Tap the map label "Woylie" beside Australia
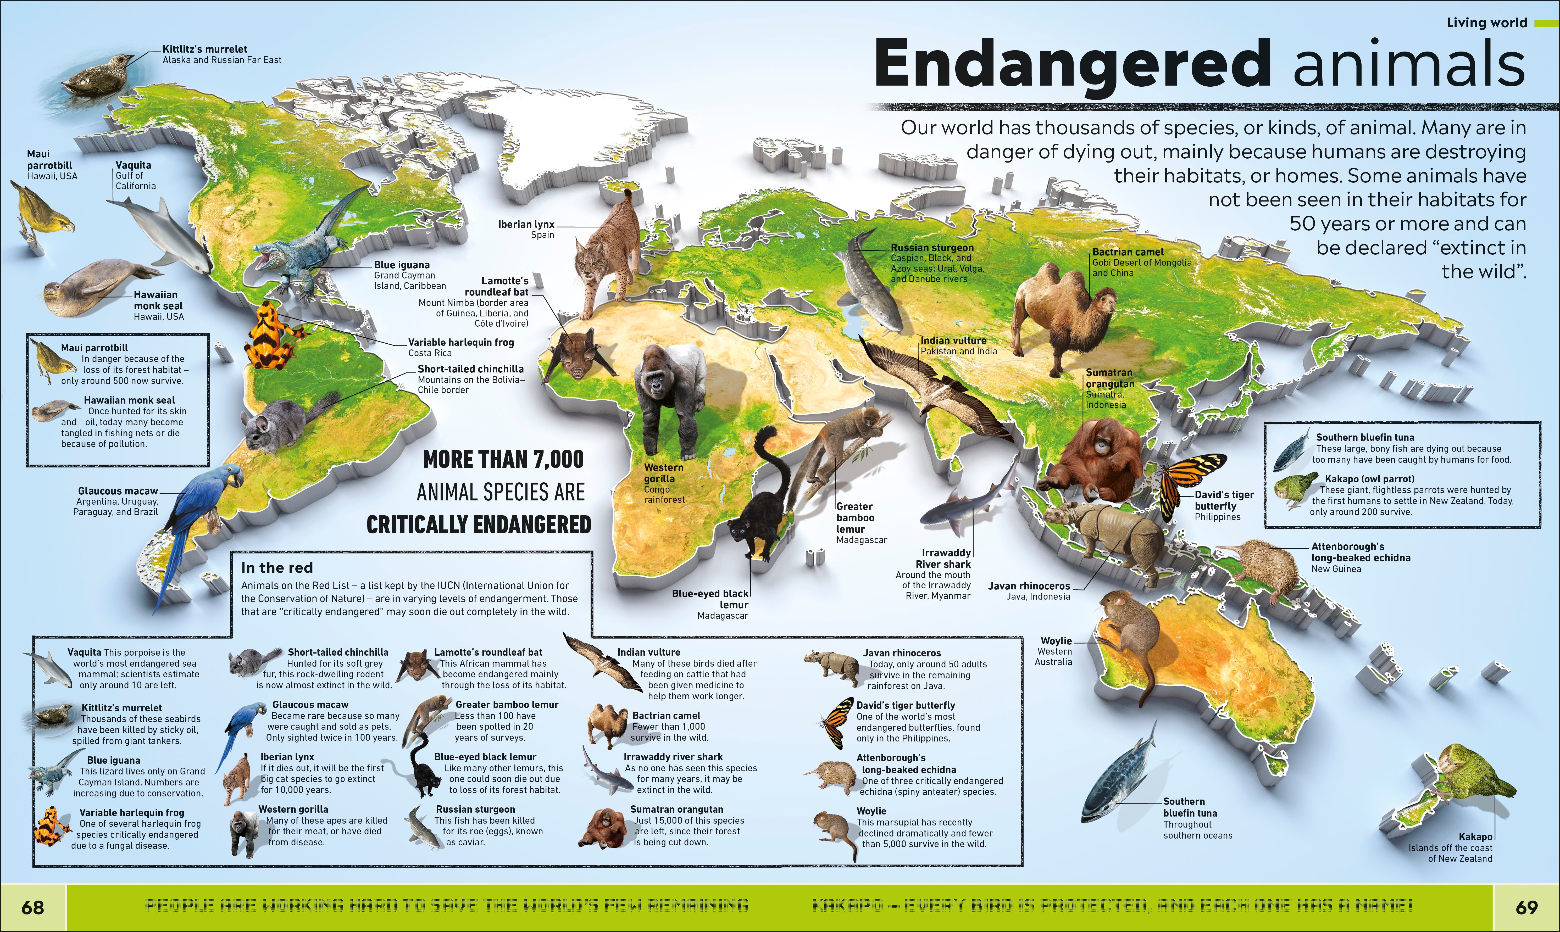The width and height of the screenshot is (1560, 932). (1056, 641)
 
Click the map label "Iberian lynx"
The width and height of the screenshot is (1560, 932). (526, 224)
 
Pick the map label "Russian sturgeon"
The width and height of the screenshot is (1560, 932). (932, 247)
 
